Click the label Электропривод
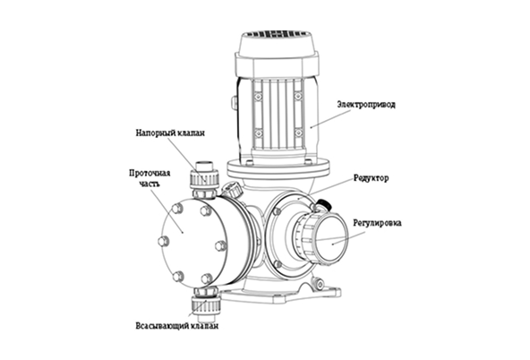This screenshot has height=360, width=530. (x=366, y=105)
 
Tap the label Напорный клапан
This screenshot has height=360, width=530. (x=170, y=133)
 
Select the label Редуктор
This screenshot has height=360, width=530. (x=372, y=178)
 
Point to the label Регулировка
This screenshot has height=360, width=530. (x=377, y=224)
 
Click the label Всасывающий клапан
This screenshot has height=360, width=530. (x=176, y=326)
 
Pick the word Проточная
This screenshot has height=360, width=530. (x=150, y=174)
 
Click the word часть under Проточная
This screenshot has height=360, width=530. (x=149, y=184)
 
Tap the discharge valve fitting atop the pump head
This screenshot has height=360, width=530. (x=205, y=180)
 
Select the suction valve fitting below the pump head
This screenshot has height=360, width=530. (x=206, y=304)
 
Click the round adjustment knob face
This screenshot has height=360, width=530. (x=331, y=238)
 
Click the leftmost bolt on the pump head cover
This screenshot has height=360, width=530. (x=163, y=242)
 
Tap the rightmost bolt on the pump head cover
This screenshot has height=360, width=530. (x=220, y=245)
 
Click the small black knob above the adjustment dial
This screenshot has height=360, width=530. (x=323, y=204)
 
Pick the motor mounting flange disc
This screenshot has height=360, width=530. (x=278, y=168)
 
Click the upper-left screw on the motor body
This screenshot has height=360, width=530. (x=258, y=98)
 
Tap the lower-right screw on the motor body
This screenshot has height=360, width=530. (x=298, y=133)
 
